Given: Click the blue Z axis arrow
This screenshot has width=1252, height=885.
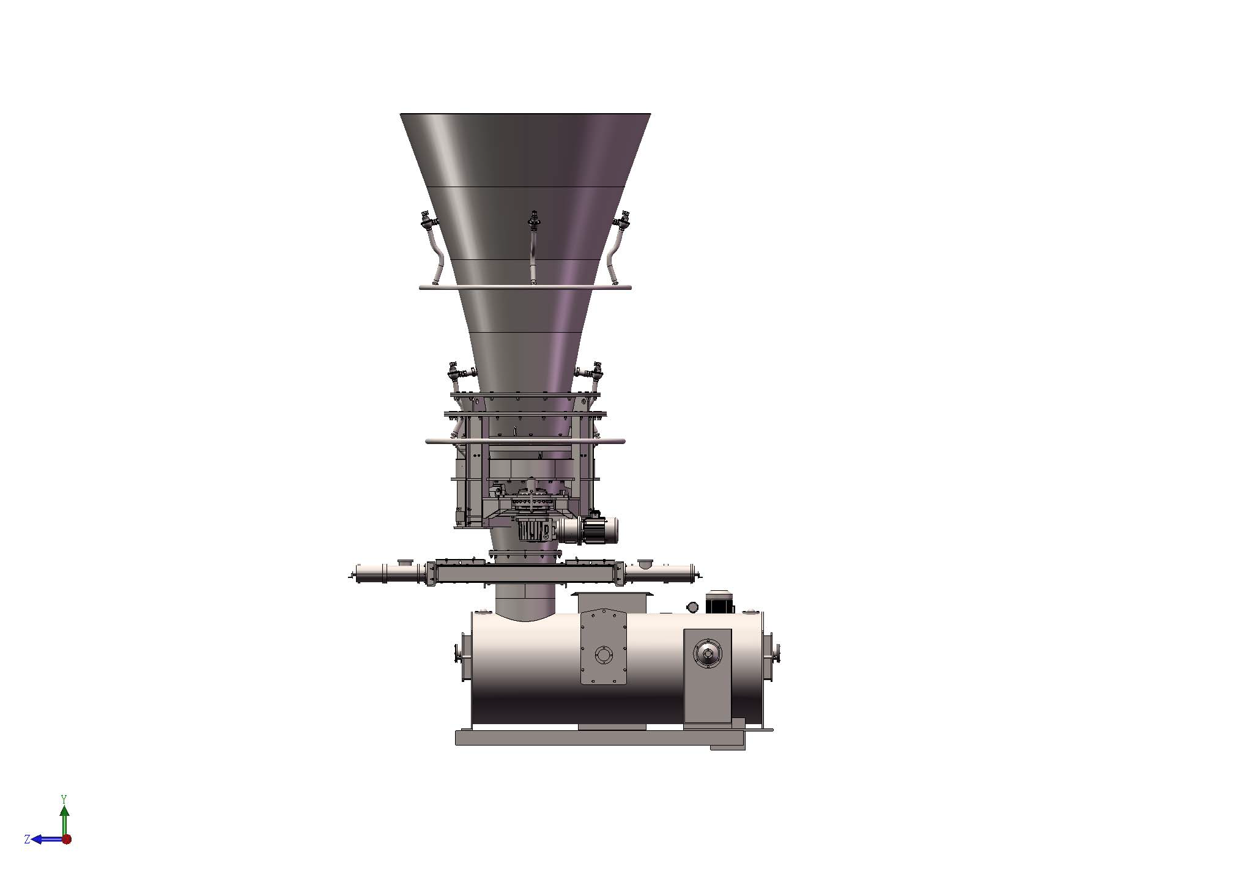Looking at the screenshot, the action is [x=48, y=839].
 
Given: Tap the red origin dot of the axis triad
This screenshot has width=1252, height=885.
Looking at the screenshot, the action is [x=67, y=839].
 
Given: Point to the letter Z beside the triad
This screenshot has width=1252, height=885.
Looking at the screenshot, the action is [x=27, y=840].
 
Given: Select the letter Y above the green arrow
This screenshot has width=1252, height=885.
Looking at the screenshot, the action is [x=64, y=799].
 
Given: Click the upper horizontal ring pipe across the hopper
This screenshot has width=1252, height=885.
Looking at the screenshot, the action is [x=525, y=287].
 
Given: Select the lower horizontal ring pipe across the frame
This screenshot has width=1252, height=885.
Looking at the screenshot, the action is [x=525, y=440].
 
